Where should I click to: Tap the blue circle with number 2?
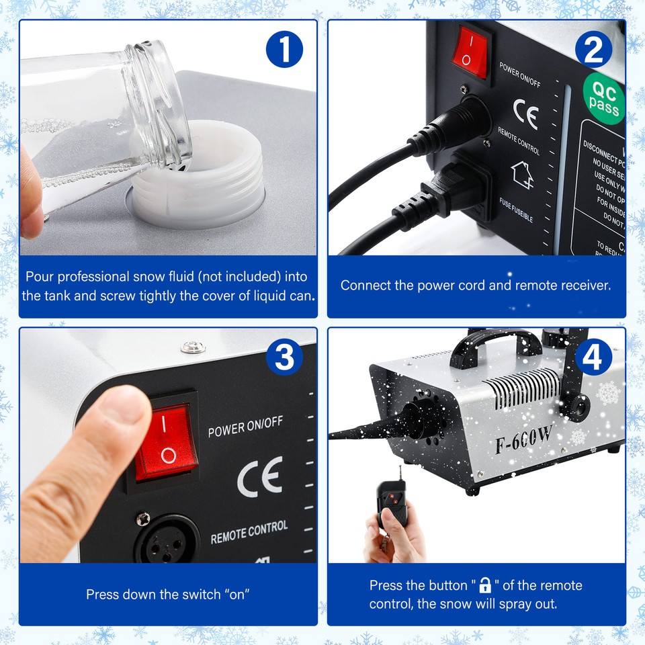(594, 50)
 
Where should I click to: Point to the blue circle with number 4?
(592, 358)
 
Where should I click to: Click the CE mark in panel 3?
(259, 476)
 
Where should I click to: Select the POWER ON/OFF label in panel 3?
(245, 427)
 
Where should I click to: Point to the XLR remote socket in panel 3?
(167, 538)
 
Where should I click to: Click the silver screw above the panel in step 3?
(193, 347)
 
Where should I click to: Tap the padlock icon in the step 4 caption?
(485, 585)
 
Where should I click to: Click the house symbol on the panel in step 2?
(522, 176)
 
